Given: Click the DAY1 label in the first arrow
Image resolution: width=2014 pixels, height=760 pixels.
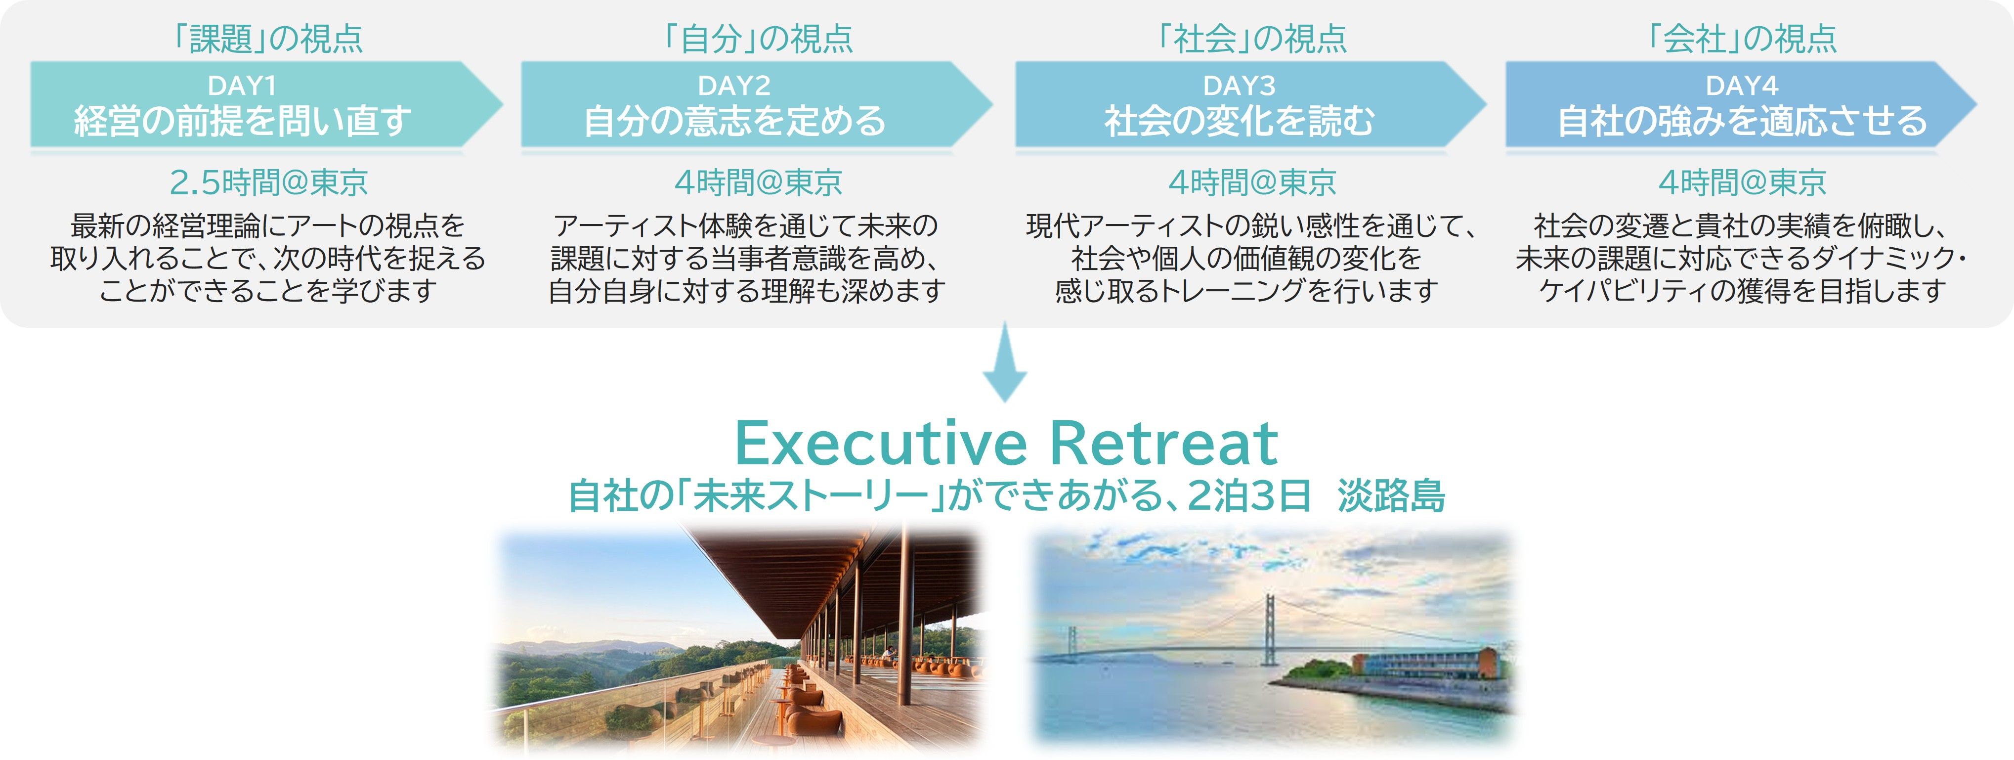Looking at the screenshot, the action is [242, 85].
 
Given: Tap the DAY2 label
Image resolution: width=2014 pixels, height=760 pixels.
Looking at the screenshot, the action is [733, 85].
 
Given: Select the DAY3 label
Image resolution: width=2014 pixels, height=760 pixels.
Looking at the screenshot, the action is [1239, 85].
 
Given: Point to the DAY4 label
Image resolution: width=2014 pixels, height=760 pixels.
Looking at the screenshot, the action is [1742, 85].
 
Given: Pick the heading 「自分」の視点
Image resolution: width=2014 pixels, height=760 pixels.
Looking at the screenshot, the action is [758, 38].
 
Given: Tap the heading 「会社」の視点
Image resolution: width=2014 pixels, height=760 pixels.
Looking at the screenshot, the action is [1742, 38].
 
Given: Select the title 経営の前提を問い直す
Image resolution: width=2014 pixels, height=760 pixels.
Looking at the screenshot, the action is [242, 121].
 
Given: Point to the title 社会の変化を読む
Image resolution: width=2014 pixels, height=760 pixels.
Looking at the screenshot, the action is [1239, 121].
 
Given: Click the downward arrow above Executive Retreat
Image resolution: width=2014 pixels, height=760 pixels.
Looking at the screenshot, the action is [1005, 363].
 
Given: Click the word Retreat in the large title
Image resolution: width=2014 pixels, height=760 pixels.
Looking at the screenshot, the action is [1163, 444].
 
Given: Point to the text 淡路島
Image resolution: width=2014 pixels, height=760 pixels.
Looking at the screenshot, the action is [1391, 496].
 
